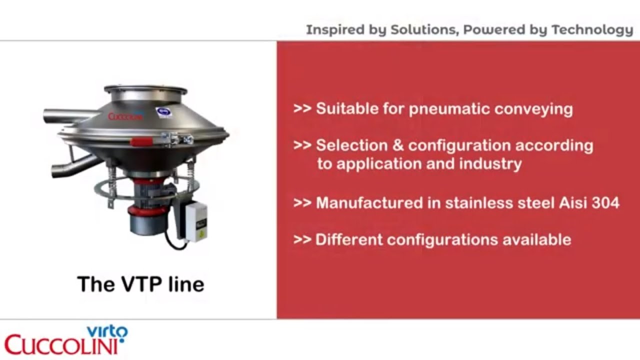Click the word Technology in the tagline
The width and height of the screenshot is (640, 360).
(592, 30)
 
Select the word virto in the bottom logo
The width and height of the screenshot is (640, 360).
(107, 331)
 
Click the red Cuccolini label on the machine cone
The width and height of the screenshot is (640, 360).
(124, 116)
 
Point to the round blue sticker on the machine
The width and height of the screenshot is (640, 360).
(161, 112)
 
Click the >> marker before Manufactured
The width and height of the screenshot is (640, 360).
(302, 202)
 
